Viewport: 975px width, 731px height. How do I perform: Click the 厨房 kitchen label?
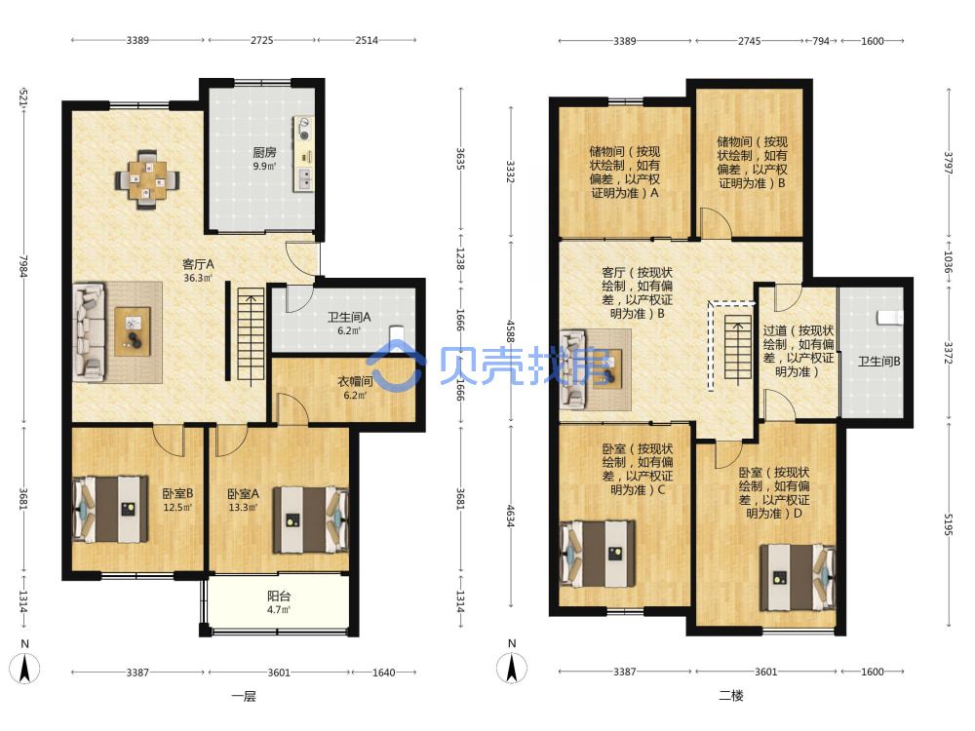pos(264,152)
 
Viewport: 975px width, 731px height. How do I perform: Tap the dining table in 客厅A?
pos(147,180)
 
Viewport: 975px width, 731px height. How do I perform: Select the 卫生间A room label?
pos(349,317)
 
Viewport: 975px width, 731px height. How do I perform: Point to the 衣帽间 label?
pos(355,381)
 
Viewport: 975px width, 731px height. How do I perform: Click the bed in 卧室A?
pos(310,519)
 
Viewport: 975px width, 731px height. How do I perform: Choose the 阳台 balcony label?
pos(279,596)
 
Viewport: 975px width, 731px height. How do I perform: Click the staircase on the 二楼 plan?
pos(737,347)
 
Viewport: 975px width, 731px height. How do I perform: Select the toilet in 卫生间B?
pos(890,317)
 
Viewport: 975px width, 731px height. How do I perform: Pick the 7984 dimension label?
pos(23,266)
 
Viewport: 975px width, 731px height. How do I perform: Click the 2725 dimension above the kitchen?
pos(261,40)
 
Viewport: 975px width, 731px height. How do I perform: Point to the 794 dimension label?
pos(821,41)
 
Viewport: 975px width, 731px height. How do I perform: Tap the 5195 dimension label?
pos(949,524)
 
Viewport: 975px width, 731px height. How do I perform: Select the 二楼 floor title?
pos(730,696)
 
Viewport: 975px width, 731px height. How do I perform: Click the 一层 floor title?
pos(244,696)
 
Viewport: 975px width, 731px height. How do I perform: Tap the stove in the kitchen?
pos(304,128)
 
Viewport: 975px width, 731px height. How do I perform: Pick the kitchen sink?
pos(304,179)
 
